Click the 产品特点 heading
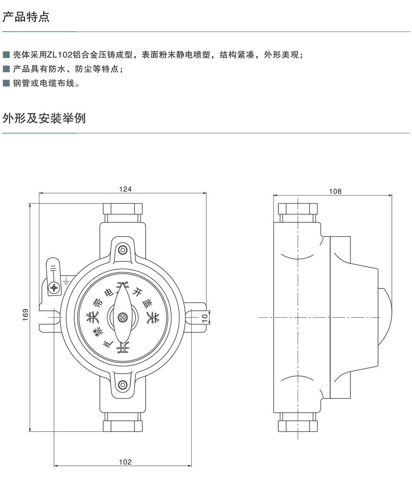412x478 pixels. (x=26, y=17)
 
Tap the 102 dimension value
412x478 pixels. (x=125, y=462)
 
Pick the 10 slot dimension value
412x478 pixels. (x=205, y=315)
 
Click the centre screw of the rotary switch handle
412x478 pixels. (x=122, y=317)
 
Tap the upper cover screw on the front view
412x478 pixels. (x=122, y=250)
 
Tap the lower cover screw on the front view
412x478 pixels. (x=122, y=385)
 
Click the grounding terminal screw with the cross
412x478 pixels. (x=54, y=288)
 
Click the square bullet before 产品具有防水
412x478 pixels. (x=6, y=70)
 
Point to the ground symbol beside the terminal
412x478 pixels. (x=67, y=279)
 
